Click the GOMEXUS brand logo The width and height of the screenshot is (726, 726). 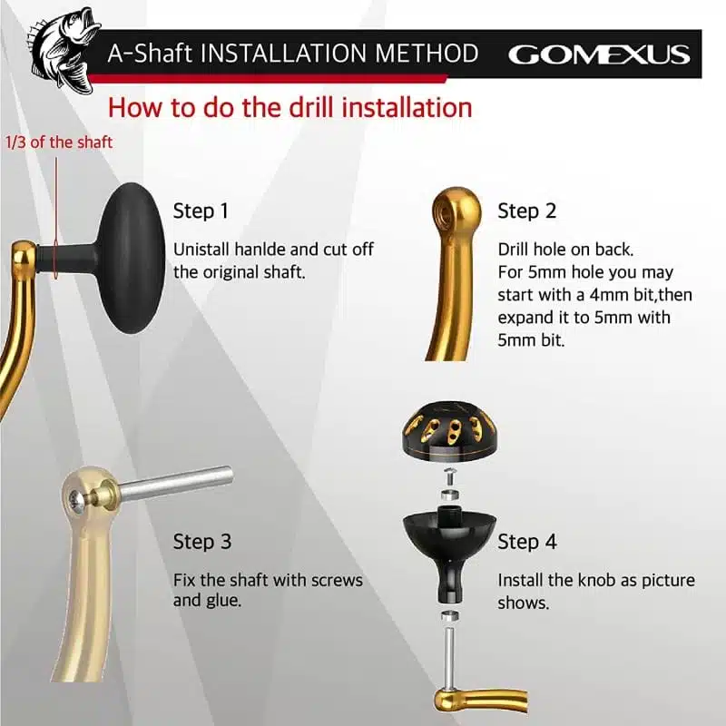coord(599,54)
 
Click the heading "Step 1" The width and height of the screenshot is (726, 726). coord(201,211)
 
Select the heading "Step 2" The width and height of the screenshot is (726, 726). coord(527,211)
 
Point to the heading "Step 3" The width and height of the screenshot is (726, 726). coord(202,541)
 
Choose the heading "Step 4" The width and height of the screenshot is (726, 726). coord(527,541)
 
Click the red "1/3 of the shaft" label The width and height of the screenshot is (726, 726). coord(59,142)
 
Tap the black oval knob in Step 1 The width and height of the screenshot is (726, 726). coord(132,258)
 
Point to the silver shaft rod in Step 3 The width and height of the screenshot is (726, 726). coord(176,483)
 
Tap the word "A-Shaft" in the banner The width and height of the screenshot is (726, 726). coord(150,54)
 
